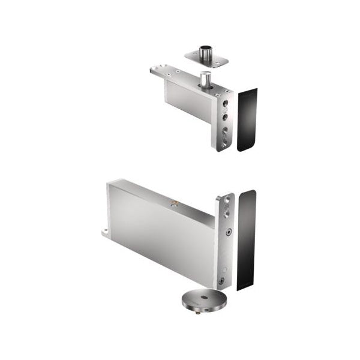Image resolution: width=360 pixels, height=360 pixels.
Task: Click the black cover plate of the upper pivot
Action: pyautogui.click(x=247, y=120)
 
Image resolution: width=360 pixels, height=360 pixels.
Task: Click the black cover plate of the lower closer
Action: pyautogui.click(x=246, y=240)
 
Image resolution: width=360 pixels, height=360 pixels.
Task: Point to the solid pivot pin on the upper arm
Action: pyautogui.click(x=206, y=79)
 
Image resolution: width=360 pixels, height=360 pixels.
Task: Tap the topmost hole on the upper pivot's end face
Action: pyautogui.click(x=226, y=103)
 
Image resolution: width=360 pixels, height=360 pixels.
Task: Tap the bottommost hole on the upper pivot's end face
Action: pyautogui.click(x=225, y=143)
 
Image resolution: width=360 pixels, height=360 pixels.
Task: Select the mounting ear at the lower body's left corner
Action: pyautogui.click(x=105, y=231)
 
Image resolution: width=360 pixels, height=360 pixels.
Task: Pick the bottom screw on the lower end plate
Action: pyautogui.click(x=221, y=281)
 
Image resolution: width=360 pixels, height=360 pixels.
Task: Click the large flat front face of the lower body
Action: pyautogui.click(x=162, y=240)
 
